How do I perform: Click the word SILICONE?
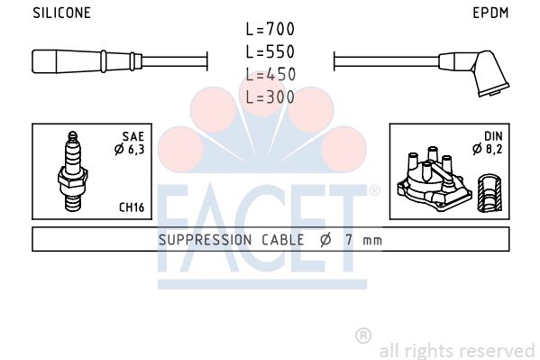61,13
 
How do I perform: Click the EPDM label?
490,13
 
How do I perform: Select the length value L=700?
270,29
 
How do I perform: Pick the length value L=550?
270,51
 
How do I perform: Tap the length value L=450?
270,75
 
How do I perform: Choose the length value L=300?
270,97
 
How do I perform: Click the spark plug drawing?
73,171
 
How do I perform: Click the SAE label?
133,136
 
